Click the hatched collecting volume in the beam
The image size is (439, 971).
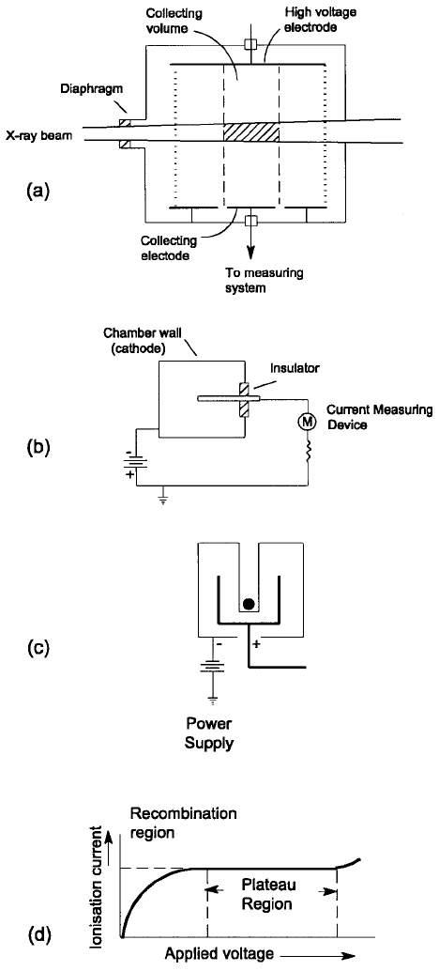pos(251,132)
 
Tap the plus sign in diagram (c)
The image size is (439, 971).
pos(256,646)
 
